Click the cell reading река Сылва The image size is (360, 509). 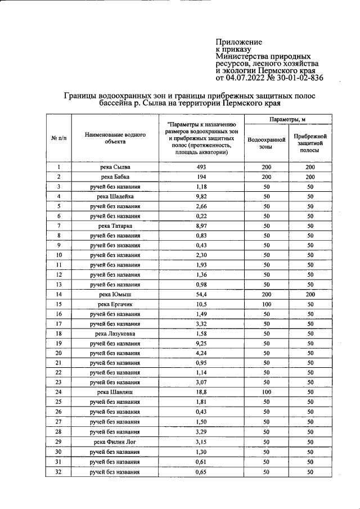115,167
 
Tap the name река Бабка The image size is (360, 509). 115,177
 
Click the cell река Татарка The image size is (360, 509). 115,226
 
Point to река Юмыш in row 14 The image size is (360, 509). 115,294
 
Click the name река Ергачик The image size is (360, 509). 115,304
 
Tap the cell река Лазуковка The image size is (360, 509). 115,334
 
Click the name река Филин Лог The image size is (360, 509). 115,442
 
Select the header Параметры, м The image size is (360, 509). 287,120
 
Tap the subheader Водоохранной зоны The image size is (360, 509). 265,143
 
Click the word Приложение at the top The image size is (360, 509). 239,42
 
